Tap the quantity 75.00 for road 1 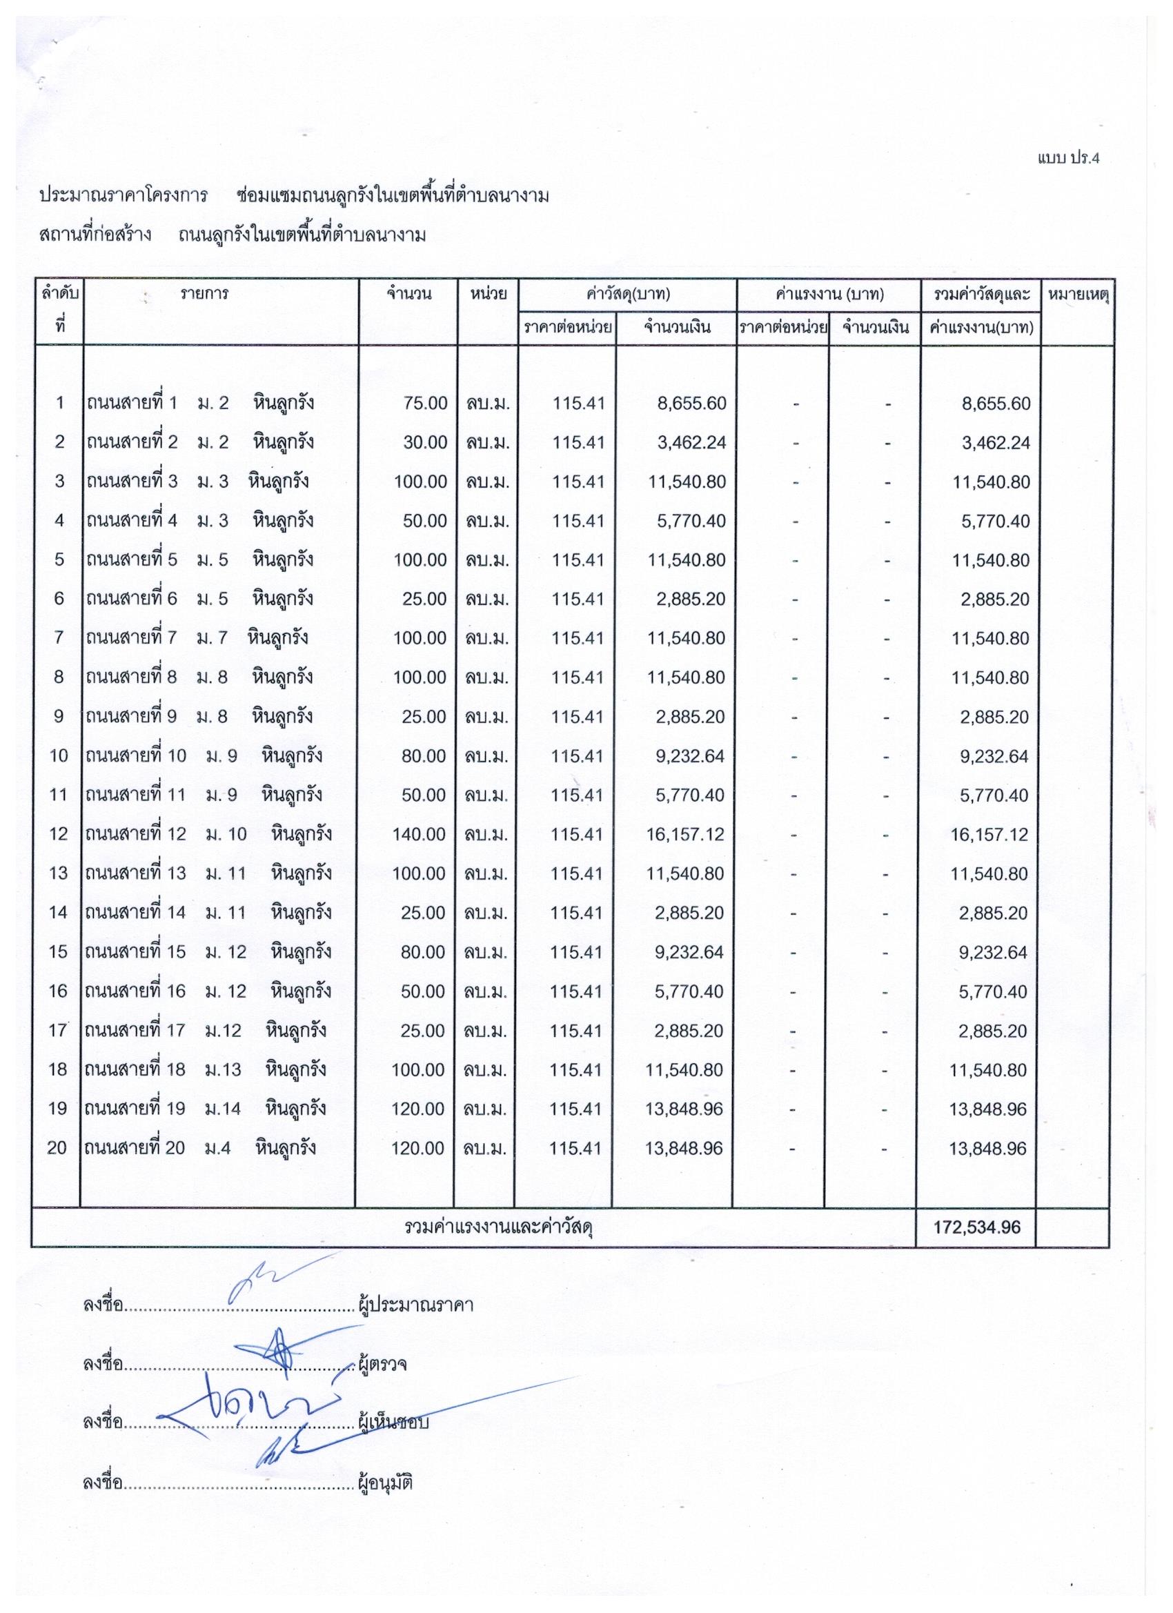coord(424,403)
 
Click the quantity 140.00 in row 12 coord(419,833)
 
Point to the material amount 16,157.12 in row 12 coord(686,833)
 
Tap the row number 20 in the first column coord(57,1147)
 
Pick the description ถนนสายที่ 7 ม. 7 coord(156,637)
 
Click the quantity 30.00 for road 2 coord(424,442)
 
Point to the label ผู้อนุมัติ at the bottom coord(386,1483)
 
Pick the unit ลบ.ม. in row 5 coord(487,560)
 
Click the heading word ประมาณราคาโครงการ coord(124,195)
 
